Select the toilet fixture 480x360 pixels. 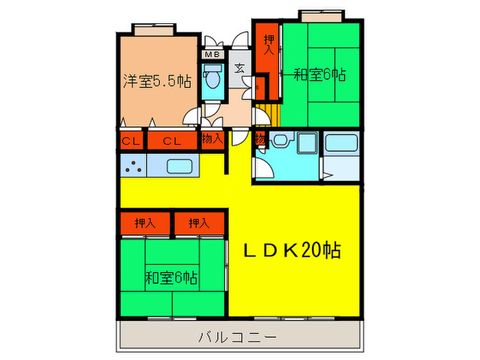(213, 78)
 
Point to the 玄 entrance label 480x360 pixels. (240, 68)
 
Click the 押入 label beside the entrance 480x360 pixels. (268, 45)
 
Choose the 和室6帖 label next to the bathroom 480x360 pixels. (319, 73)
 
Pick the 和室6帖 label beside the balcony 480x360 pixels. (171, 278)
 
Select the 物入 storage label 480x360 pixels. (213, 139)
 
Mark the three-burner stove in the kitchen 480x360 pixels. (133, 165)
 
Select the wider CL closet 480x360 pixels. (171, 141)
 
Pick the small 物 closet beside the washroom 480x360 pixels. (260, 139)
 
